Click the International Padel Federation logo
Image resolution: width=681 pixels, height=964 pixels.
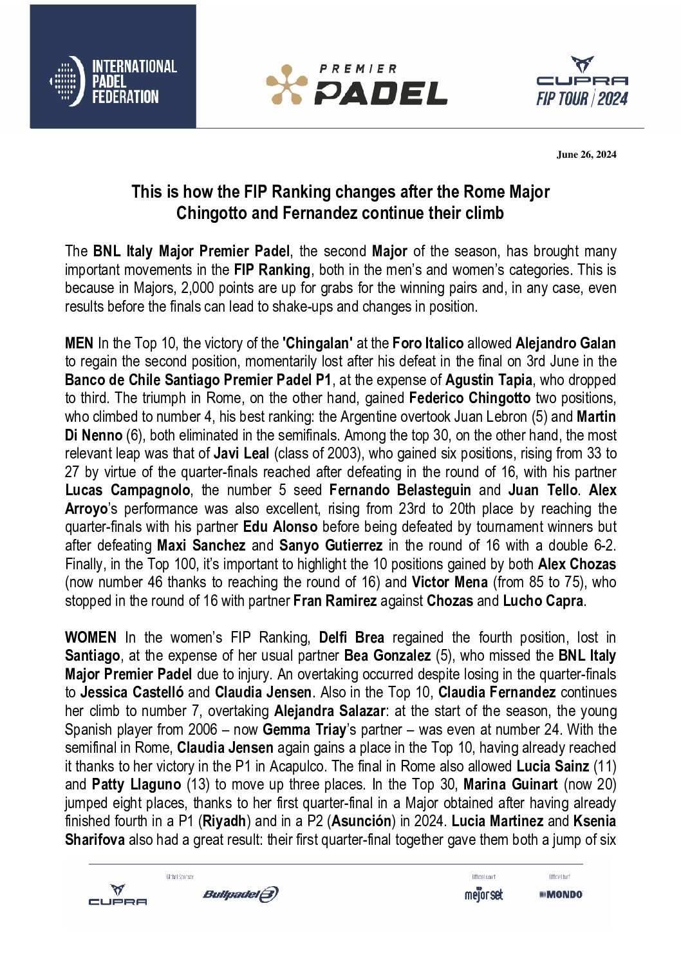click(113, 81)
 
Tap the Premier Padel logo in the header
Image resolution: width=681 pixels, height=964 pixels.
click(357, 84)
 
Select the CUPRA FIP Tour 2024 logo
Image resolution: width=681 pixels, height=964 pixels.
click(582, 82)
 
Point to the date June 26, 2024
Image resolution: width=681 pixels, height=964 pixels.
click(586, 155)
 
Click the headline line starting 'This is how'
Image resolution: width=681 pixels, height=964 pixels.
click(340, 192)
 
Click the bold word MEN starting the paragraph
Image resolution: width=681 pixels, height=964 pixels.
click(79, 343)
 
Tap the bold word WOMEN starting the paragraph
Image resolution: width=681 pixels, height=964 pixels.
click(91, 638)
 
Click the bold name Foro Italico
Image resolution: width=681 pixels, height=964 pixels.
click(427, 343)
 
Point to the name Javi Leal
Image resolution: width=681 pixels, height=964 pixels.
click(241, 453)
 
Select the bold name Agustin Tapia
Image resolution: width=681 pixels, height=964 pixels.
click(489, 380)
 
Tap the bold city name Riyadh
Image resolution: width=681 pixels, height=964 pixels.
click(224, 821)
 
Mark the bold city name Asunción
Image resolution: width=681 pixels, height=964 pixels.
click(362, 821)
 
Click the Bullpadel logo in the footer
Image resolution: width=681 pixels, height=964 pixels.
click(241, 894)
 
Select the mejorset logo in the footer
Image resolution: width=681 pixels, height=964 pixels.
click(483, 894)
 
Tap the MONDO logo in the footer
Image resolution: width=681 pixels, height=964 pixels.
click(561, 894)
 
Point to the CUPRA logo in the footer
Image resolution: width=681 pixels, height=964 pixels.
click(118, 894)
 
